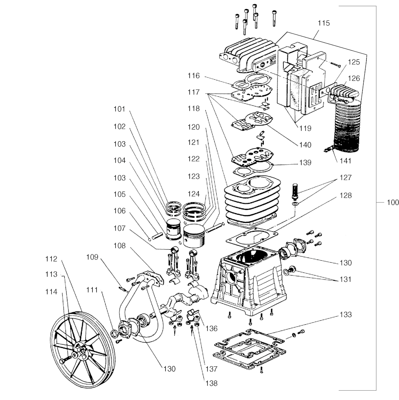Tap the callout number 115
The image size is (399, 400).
pos(323,23)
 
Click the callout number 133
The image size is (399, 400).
pos(345,315)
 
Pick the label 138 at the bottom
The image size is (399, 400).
pos(212,383)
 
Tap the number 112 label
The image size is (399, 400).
pos(51,259)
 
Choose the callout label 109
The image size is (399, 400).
pos(92,257)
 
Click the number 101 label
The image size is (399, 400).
pos(119,109)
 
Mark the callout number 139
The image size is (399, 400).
pos(305,163)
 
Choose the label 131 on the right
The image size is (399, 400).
pos(345,279)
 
